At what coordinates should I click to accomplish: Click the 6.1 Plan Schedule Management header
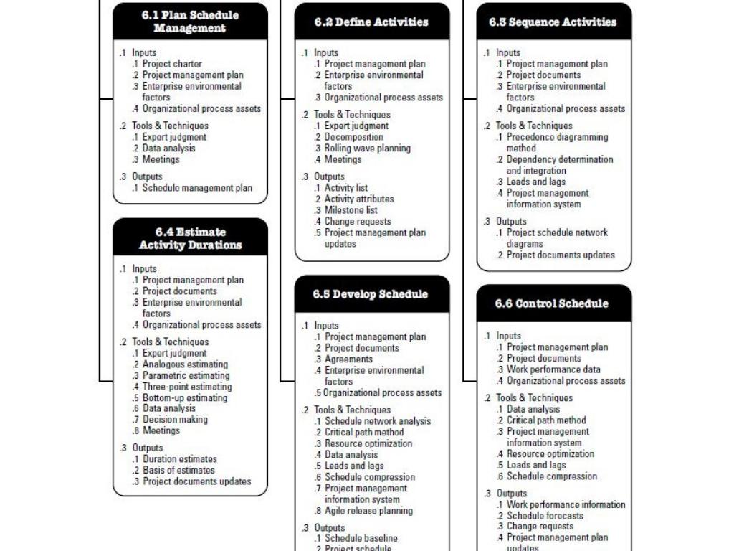click(190, 22)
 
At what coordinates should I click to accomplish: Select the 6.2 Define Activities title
click(371, 22)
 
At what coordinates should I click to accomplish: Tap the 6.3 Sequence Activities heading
click(553, 22)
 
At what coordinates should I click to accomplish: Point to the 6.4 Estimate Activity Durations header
click(190, 238)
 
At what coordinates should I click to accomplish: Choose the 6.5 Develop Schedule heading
click(371, 294)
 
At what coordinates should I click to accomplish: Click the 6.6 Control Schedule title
click(553, 303)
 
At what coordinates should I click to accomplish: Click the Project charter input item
click(172, 64)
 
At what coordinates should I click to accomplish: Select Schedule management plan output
click(197, 188)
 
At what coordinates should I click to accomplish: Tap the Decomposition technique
click(353, 137)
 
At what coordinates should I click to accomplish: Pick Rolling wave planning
click(368, 149)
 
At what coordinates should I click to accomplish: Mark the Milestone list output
click(351, 210)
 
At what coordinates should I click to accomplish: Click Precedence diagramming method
click(557, 137)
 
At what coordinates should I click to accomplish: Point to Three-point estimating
click(187, 387)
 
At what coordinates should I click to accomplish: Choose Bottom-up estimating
click(184, 397)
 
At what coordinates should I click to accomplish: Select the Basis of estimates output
click(178, 471)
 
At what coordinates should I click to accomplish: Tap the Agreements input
click(348, 359)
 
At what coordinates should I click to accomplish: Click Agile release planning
click(368, 511)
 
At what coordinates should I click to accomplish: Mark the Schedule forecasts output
click(545, 516)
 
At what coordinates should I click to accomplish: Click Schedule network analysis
click(378, 421)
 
